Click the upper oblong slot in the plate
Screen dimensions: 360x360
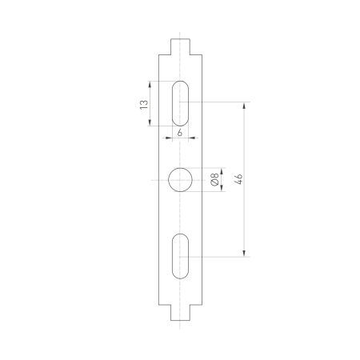pyautogui.click(x=180, y=102)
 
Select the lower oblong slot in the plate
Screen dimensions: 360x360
pyautogui.click(x=180, y=256)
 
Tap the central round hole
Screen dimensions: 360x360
pyautogui.click(x=180, y=180)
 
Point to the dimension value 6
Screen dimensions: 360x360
pyautogui.click(x=179, y=132)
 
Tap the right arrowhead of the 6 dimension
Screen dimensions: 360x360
pyautogui.click(x=191, y=138)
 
